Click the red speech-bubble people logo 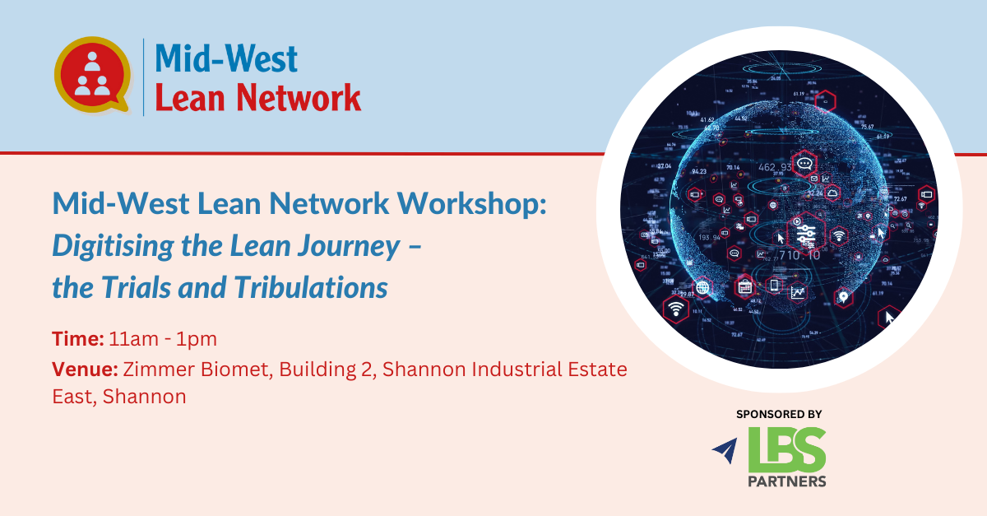click(x=92, y=75)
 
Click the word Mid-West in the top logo click(x=226, y=58)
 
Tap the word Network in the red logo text click(x=299, y=97)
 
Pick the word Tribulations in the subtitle click(x=311, y=287)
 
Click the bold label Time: click(x=78, y=339)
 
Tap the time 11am click(x=133, y=339)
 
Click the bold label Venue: click(x=85, y=370)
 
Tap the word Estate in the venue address click(x=597, y=370)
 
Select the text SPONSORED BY click(x=779, y=414)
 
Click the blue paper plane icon click(x=725, y=450)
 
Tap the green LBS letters click(x=787, y=450)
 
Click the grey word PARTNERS click(x=787, y=481)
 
